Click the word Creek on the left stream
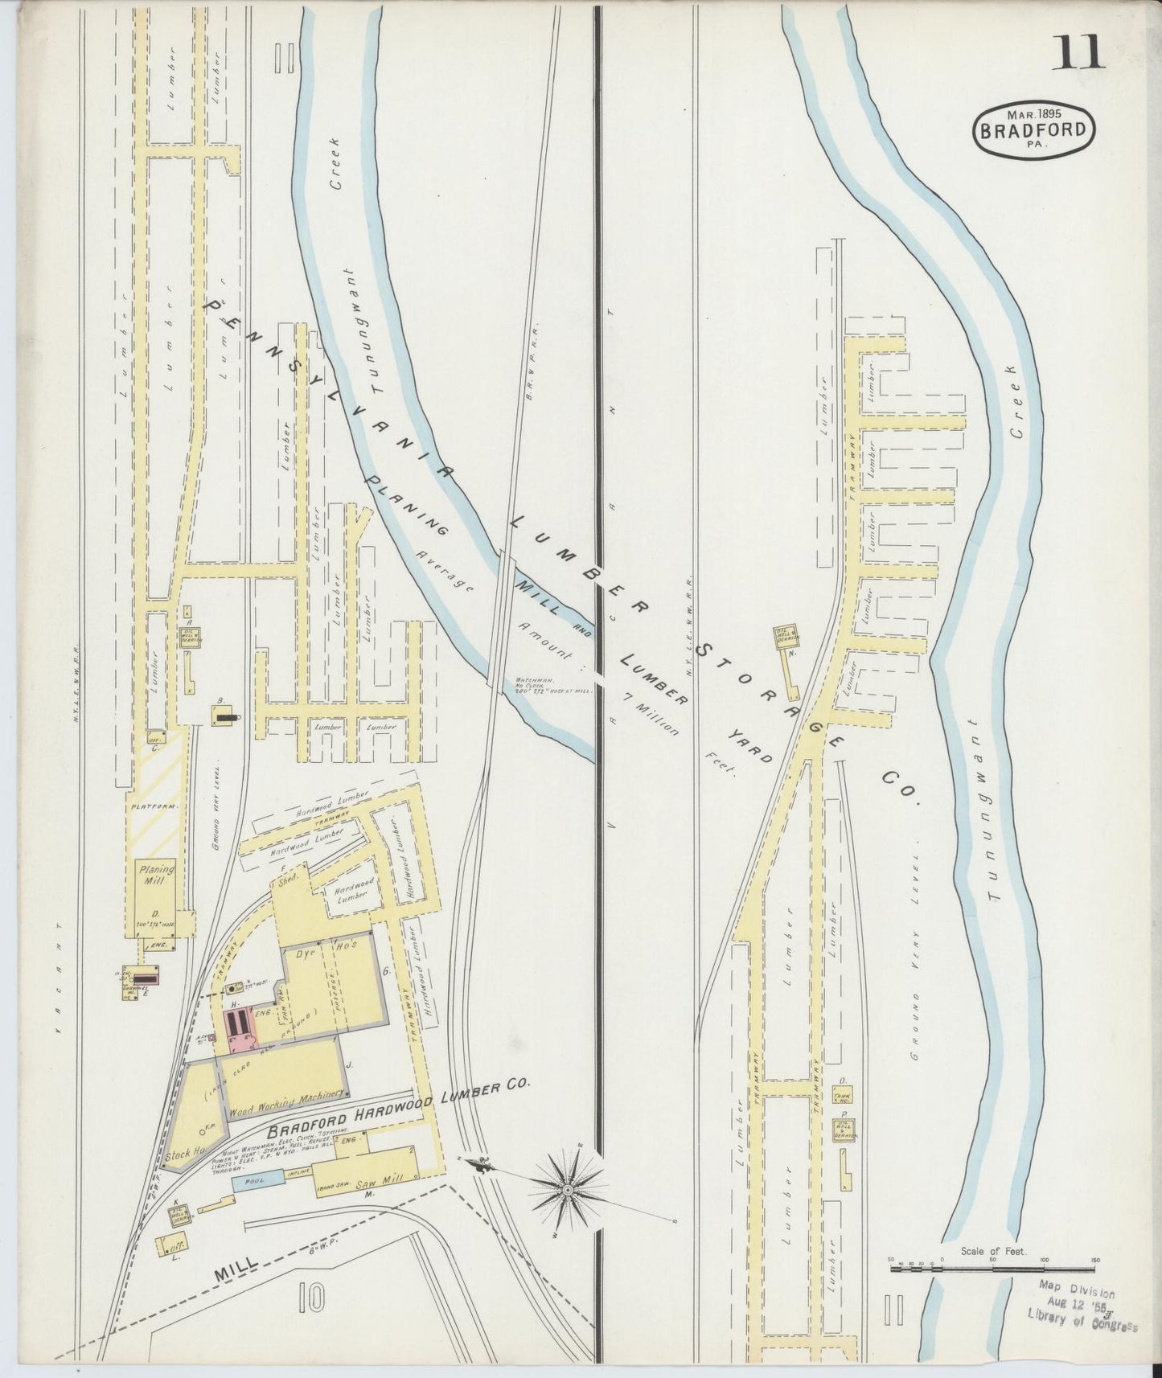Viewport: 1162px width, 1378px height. tap(336, 162)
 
